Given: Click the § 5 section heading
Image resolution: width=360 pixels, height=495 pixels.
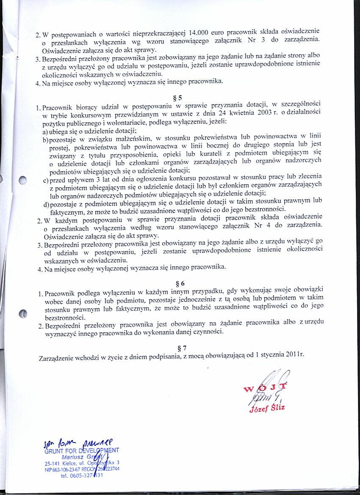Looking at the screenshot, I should click(178, 96).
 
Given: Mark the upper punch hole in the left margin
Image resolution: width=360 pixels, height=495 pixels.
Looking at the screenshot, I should click(24, 180).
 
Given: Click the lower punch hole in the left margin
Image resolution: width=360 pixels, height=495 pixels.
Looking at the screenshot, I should click(24, 314).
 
